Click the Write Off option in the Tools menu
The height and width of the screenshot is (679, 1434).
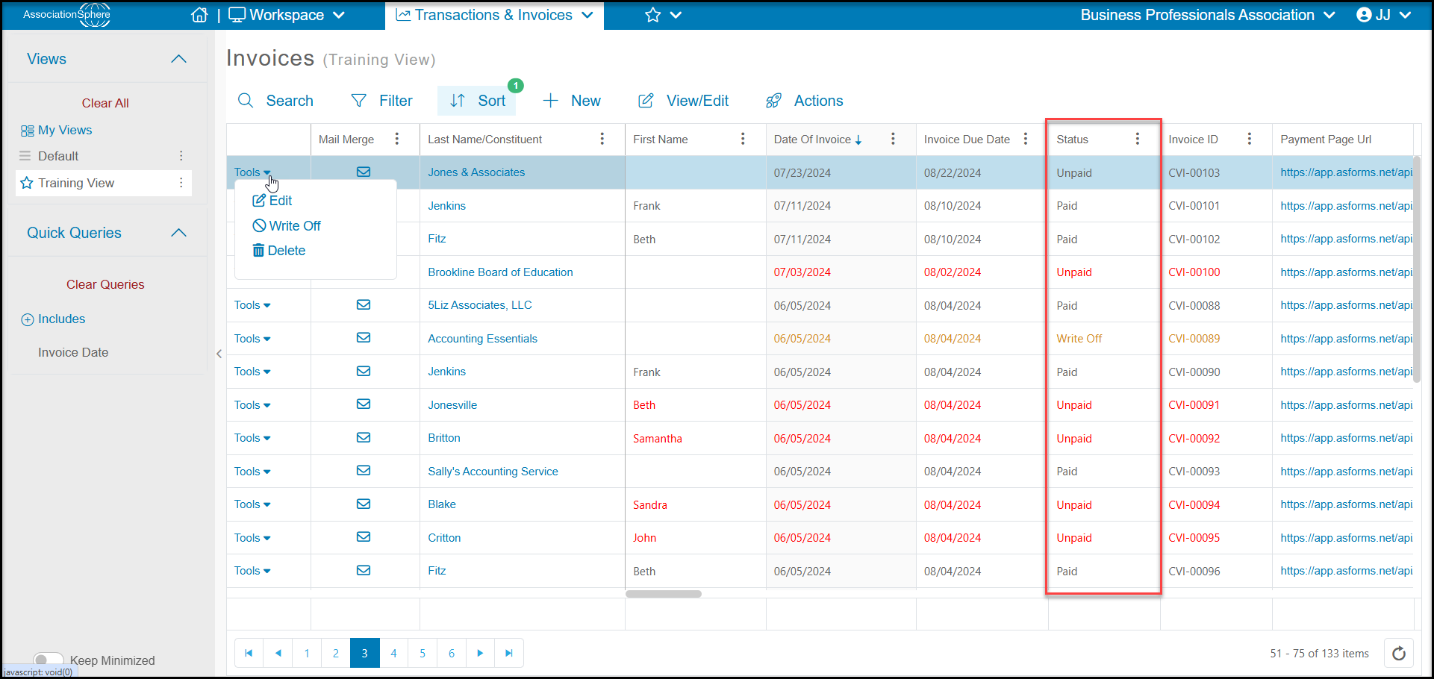[287, 225]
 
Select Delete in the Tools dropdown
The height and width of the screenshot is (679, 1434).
[279, 251]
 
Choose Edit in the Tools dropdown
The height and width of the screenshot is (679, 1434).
[272, 201]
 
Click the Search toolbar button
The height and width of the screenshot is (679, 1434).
[275, 101]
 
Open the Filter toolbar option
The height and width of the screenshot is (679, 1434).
[381, 101]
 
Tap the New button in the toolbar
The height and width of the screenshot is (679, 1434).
[572, 101]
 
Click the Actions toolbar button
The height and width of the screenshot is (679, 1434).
[805, 101]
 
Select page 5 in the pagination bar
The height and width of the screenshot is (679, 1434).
[423, 653]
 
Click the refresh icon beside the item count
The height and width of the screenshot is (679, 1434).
[1399, 654]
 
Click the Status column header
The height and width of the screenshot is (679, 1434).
[1072, 140]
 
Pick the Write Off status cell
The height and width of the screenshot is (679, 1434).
[1079, 339]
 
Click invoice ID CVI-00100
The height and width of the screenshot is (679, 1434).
[1194, 272]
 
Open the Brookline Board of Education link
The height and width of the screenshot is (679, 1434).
[500, 272]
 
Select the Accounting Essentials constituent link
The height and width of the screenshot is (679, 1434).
[482, 339]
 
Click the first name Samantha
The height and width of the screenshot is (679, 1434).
[657, 439]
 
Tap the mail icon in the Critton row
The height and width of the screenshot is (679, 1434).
[364, 537]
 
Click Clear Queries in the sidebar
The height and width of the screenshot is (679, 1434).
[105, 284]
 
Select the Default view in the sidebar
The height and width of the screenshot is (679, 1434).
[58, 156]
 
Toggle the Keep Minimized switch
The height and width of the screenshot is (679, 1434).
[49, 660]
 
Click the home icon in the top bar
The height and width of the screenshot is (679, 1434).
[199, 15]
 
